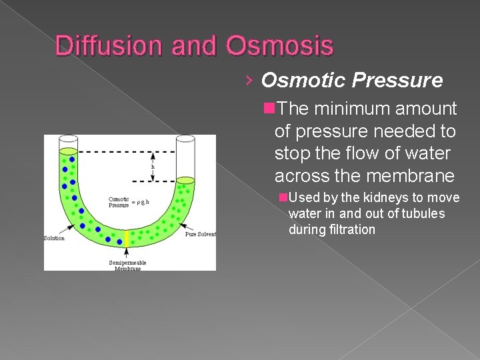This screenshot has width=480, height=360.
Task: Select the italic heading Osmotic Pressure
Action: pyautogui.click(x=351, y=81)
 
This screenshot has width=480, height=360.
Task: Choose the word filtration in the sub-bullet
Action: pyautogui.click(x=353, y=229)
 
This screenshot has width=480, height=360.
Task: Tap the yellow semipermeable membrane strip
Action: pyautogui.click(x=127, y=238)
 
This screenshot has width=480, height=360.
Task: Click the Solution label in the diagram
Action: pyautogui.click(x=54, y=238)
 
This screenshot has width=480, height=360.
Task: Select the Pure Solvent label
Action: pyautogui.click(x=200, y=235)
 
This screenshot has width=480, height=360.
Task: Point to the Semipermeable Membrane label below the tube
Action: pyautogui.click(x=127, y=265)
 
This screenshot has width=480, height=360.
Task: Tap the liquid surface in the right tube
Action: pyautogui.click(x=185, y=180)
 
